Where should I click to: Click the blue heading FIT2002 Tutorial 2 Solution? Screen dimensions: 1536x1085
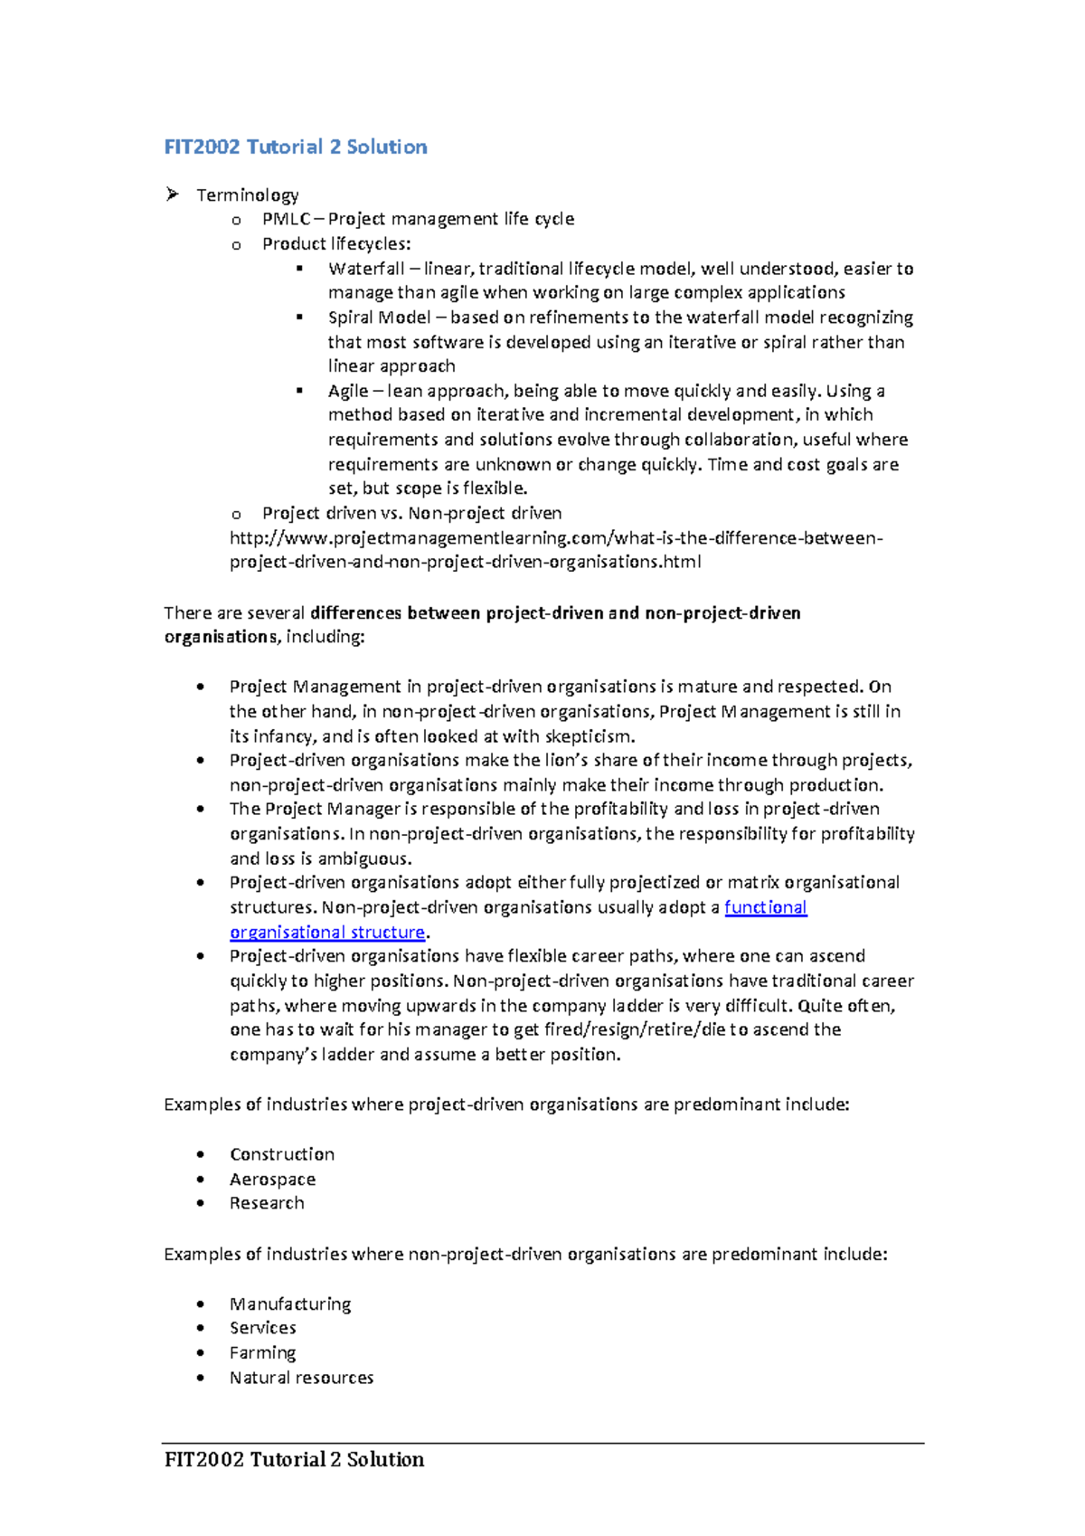296,147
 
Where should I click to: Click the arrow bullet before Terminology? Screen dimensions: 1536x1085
172,194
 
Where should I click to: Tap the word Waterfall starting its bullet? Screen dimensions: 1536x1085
366,269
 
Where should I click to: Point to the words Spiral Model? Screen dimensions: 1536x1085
379,318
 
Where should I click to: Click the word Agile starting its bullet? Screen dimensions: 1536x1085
348,391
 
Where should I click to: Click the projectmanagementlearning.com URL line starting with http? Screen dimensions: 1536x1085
555,538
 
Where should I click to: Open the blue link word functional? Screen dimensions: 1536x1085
765,907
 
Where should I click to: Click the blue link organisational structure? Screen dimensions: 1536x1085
327,932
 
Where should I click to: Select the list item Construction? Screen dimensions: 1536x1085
282,1154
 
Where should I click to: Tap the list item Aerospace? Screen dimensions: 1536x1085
272,1180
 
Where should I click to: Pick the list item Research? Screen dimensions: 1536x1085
267,1203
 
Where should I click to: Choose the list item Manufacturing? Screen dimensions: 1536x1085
290,1304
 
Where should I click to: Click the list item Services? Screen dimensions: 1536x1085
263,1328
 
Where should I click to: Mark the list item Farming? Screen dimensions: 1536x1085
262,1352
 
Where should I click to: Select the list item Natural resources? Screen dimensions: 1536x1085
301,1378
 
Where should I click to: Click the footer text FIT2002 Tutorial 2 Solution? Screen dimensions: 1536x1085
294,1459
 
